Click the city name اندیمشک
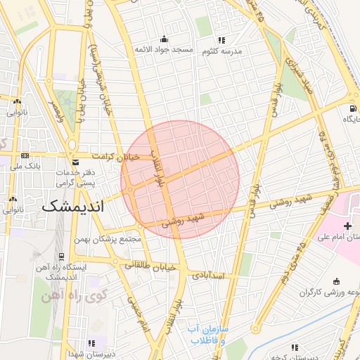72,207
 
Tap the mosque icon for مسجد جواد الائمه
164,39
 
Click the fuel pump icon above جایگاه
351,109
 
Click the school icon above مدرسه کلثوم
222,40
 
